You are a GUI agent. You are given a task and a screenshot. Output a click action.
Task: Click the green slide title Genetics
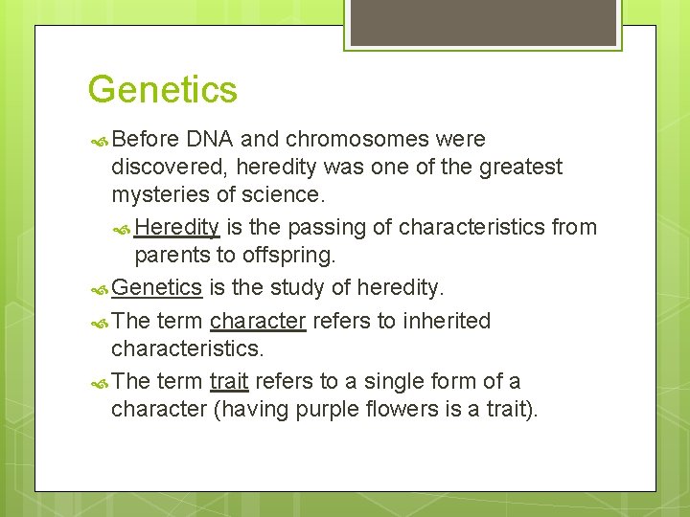(162, 90)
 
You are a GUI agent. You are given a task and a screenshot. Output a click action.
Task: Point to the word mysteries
(159, 195)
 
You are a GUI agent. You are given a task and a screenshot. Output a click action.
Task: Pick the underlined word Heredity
(177, 228)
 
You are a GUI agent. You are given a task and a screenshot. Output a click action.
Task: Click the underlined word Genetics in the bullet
(157, 287)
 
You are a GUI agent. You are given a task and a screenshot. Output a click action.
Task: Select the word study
(293, 287)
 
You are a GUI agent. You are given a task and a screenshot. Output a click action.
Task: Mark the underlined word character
(258, 321)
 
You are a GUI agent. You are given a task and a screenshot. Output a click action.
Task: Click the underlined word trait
(229, 381)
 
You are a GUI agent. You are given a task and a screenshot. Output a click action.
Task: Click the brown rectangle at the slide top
(483, 22)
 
